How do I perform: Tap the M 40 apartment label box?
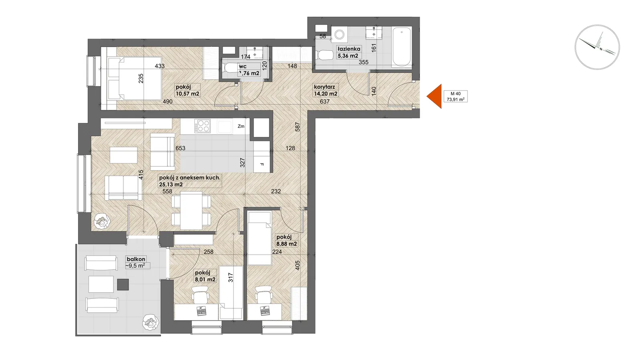pyautogui.click(x=456, y=97)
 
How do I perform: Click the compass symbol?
pyautogui.click(x=597, y=47)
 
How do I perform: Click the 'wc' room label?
pyautogui.click(x=243, y=66)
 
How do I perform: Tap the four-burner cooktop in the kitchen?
pyautogui.click(x=203, y=126)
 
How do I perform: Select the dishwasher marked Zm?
pyautogui.click(x=241, y=126)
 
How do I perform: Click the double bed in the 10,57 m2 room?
pyautogui.click(x=135, y=78)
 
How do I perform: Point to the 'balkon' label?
pyautogui.click(x=136, y=259)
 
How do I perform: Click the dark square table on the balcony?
pyautogui.click(x=123, y=284)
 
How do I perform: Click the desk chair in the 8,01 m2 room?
pyautogui.click(x=200, y=294)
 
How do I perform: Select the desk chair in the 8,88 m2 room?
pyautogui.click(x=264, y=294)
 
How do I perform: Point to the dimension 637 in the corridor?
pyautogui.click(x=325, y=101)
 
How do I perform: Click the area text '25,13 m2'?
pyautogui.click(x=171, y=185)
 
